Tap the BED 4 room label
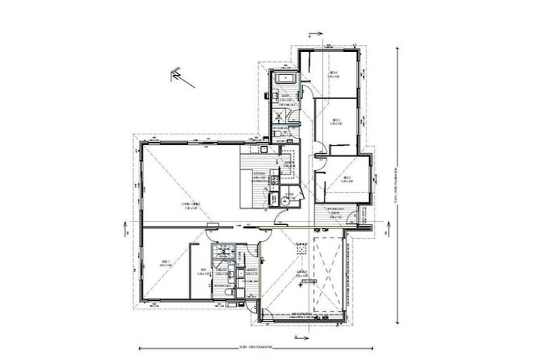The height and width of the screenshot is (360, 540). [x=335, y=74]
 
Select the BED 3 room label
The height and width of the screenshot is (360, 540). [x=337, y=122]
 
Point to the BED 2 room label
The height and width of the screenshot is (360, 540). [x=347, y=179]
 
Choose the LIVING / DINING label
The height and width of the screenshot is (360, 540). [x=191, y=205]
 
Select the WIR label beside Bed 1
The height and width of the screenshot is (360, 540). [x=202, y=271]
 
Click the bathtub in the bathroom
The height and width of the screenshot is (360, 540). [x=285, y=79]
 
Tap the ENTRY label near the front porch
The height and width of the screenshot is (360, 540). [x=335, y=215]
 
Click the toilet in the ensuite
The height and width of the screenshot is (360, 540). [x=230, y=290]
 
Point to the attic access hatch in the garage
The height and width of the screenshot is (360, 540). [x=300, y=250]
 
